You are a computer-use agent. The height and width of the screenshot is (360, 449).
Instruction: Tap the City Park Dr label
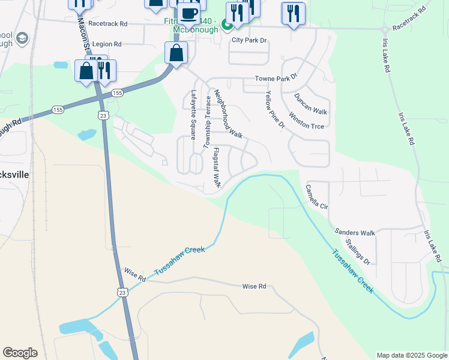point(249,40)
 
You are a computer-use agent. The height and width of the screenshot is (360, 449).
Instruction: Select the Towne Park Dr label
point(276,79)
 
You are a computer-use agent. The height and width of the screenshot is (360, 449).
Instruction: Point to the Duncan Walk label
point(310,104)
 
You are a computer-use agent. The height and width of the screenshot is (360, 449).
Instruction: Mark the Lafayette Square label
point(193,115)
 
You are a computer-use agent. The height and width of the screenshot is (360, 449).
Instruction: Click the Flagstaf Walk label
point(217,167)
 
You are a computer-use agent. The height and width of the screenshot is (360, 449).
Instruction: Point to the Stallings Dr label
point(358,252)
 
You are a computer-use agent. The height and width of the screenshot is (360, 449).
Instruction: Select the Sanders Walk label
point(355,232)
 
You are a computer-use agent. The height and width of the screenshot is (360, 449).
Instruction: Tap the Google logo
point(20,353)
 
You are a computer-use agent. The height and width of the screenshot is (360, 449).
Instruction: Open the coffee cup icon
point(188,13)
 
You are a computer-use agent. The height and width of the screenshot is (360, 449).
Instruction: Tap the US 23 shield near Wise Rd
point(122,292)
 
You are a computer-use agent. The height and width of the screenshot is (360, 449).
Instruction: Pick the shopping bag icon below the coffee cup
point(176,53)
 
